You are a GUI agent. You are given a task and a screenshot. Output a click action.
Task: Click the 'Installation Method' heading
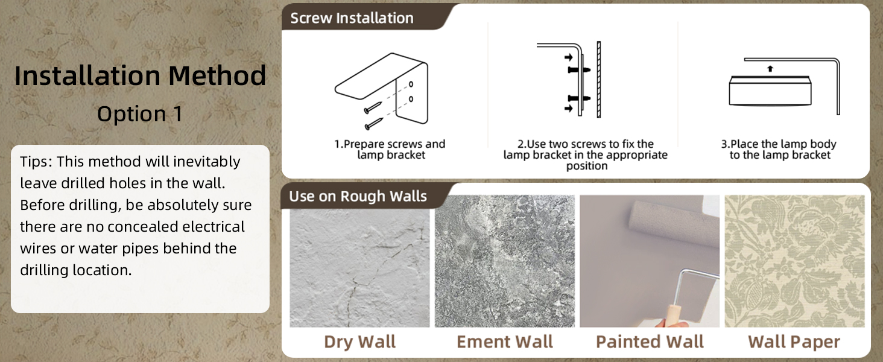pyautogui.click(x=140, y=76)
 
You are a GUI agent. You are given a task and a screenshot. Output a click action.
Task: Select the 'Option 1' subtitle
pyautogui.click(x=140, y=114)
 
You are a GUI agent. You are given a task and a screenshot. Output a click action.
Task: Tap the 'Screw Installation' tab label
pyautogui.click(x=352, y=18)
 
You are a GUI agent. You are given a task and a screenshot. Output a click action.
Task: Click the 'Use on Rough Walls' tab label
pyautogui.click(x=358, y=196)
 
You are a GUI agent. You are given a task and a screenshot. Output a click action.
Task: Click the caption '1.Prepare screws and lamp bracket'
pyautogui.click(x=390, y=150)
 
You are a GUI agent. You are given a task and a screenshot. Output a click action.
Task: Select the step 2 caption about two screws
pyautogui.click(x=586, y=154)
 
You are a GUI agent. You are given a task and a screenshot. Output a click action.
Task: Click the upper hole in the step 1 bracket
pyautogui.click(x=411, y=84)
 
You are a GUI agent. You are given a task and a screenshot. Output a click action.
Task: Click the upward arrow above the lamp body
pyautogui.click(x=770, y=69)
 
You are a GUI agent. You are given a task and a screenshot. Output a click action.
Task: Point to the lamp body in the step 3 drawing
pyautogui.click(x=770, y=91)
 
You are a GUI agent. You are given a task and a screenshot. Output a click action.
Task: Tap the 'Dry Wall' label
pyautogui.click(x=359, y=341)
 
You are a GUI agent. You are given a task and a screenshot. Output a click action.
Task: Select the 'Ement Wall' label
pyautogui.click(x=505, y=341)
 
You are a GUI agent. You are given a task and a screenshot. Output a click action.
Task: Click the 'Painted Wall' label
pyautogui.click(x=650, y=341)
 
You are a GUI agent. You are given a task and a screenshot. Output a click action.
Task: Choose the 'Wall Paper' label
pyautogui.click(x=794, y=341)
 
